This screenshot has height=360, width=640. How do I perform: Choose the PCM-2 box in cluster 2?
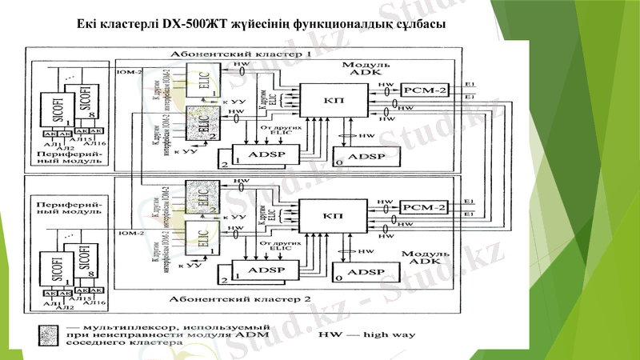pos(425,206)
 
